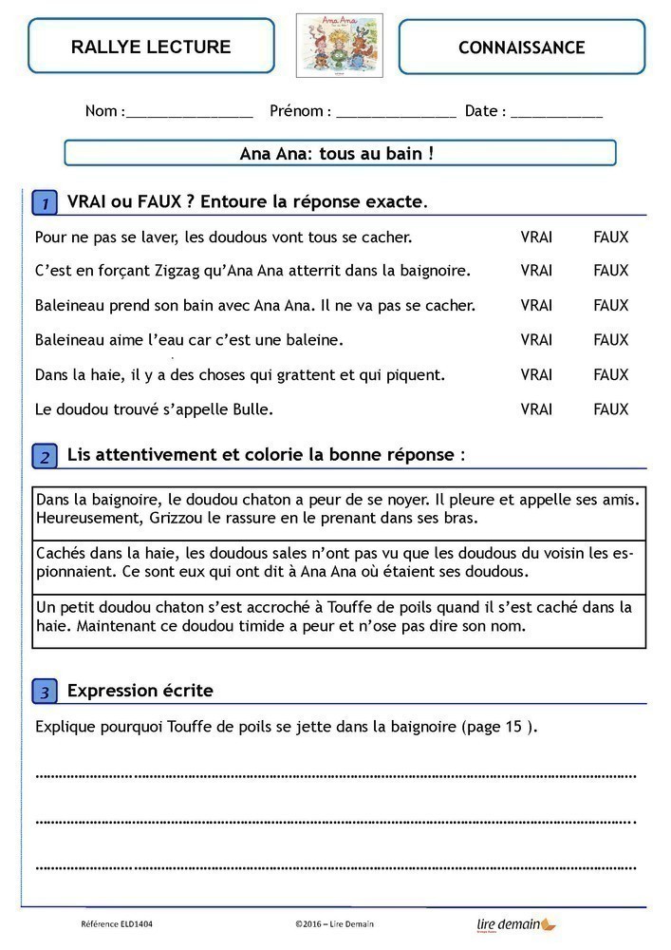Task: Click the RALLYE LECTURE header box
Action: click(x=151, y=47)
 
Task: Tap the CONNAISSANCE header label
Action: click(x=521, y=47)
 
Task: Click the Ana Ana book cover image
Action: click(x=339, y=45)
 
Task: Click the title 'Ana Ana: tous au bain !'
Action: click(x=339, y=153)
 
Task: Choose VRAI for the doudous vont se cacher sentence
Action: click(x=536, y=237)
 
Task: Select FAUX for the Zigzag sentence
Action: click(x=610, y=271)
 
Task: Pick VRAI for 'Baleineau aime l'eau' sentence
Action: click(x=536, y=339)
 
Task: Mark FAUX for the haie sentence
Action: click(x=610, y=374)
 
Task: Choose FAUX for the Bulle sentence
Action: click(x=610, y=409)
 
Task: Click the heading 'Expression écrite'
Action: click(x=140, y=691)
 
